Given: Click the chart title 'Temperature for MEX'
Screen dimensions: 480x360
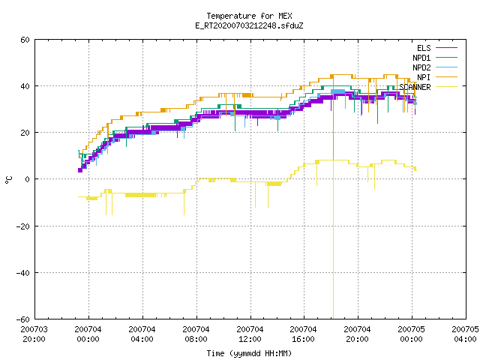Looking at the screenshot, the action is coord(249,16).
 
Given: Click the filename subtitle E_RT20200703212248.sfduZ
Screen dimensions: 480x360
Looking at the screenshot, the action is coord(249,25).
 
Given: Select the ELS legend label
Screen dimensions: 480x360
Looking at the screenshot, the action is coord(424,48).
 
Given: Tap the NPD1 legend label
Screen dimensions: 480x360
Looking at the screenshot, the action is coord(421,58).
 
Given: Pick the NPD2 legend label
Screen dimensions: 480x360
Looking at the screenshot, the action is coord(421,67).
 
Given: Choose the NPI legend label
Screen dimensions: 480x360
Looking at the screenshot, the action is coord(424,77).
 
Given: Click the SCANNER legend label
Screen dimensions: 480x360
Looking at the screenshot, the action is coord(415,87).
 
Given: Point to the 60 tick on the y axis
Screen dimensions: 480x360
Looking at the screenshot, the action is coord(25,40).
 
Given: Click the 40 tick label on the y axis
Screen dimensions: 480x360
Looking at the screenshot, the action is coord(25,86).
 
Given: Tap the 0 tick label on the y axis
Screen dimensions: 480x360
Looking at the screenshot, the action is coord(28,179).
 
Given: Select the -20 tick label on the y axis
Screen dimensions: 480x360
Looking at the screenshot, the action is coord(23,226).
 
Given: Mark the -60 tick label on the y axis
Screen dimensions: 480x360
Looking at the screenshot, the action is coord(23,319).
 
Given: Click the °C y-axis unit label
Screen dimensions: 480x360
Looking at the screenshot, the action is coord(8,180).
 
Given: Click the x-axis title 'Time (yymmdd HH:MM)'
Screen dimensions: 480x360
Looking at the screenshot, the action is coord(249,353).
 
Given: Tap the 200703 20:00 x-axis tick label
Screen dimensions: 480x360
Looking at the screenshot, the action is coord(34,334).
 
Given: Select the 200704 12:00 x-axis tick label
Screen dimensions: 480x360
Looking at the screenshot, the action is coord(250,334).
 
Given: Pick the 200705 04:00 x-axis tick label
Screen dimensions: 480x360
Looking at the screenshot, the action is coord(465,334).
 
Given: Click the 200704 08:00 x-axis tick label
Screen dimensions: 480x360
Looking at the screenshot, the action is coord(196,334).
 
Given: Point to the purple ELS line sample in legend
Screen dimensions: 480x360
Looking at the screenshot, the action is coord(446,48).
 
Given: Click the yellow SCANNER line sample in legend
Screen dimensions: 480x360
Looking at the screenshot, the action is coord(446,87).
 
